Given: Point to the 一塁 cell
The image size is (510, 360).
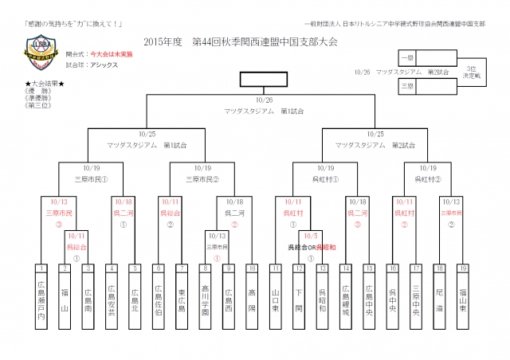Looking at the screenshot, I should pos(408,59).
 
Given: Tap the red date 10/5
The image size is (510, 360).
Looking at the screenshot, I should pos(310,236).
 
